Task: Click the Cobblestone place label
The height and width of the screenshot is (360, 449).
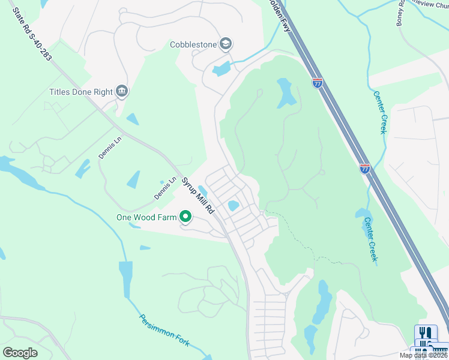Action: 192,44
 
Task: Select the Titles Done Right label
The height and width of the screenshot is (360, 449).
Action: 81,92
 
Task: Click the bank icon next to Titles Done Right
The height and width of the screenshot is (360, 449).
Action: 122,91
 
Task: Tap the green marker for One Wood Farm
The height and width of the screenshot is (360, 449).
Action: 185,217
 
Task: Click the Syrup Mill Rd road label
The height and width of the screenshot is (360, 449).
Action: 198,196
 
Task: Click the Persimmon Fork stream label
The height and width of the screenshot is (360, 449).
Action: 164,330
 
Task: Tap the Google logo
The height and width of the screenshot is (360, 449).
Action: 20,353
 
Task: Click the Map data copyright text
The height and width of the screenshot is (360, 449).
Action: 423,355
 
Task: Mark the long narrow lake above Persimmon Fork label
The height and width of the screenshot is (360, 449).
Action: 126,278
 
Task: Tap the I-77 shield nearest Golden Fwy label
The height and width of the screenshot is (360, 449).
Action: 317,83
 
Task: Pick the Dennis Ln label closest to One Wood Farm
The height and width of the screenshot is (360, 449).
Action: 164,188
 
